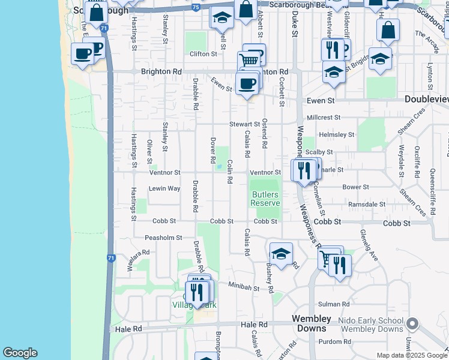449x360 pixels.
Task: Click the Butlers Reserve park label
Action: click(265, 199)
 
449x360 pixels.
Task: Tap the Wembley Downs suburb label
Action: click(311, 323)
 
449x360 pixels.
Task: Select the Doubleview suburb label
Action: click(426, 99)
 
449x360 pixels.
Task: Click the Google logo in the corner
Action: click(20, 353)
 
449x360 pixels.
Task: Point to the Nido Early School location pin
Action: click(412, 325)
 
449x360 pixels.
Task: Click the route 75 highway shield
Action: click(196, 7)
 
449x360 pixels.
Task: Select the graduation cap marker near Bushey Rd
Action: click(280, 253)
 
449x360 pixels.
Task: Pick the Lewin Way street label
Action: click(164, 188)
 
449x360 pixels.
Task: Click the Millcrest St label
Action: click(324, 118)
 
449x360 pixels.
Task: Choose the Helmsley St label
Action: click(337, 135)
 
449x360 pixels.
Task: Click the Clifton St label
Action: click(203, 54)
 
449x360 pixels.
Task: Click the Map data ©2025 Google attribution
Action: click(412, 355)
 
